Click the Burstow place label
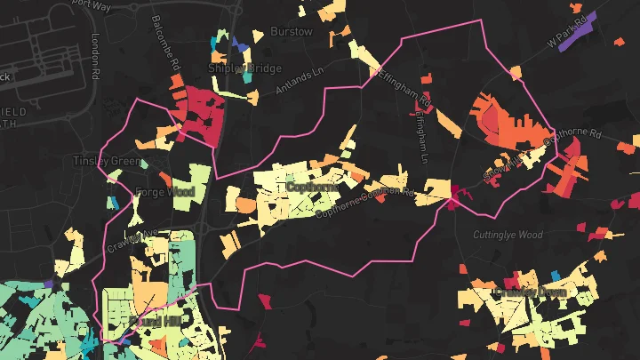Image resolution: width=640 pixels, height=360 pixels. [x=291, y=32]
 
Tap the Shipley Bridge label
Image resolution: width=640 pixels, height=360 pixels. [x=244, y=68]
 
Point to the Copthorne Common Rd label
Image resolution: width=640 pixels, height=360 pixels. [x=365, y=201]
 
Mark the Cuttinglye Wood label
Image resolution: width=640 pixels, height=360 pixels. [x=508, y=235]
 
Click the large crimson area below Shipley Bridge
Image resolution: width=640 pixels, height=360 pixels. [x=197, y=116]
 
